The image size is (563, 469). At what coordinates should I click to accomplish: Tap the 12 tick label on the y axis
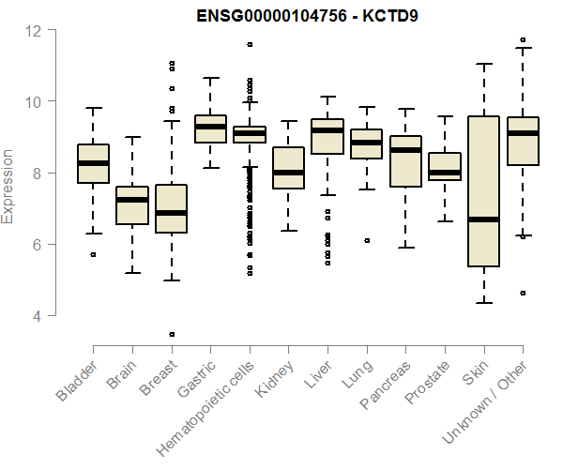(x=34, y=30)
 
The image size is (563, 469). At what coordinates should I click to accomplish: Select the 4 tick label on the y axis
(x=38, y=316)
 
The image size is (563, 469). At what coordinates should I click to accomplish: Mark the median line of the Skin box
(x=483, y=219)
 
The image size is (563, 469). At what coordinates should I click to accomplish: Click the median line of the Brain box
(x=132, y=200)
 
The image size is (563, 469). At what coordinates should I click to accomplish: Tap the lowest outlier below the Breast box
(x=171, y=334)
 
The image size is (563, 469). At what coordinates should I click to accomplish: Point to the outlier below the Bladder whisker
(x=93, y=254)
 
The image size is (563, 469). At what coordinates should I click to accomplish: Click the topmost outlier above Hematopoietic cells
(x=250, y=44)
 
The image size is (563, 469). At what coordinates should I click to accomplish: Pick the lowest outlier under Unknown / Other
(x=523, y=293)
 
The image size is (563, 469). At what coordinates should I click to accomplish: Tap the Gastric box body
(x=210, y=129)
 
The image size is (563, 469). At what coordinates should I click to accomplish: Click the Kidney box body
(x=288, y=168)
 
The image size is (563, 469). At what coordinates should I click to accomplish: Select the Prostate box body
(x=445, y=165)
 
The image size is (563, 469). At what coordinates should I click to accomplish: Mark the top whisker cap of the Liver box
(x=327, y=97)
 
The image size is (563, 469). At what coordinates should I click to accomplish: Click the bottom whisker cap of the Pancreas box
(x=405, y=248)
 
